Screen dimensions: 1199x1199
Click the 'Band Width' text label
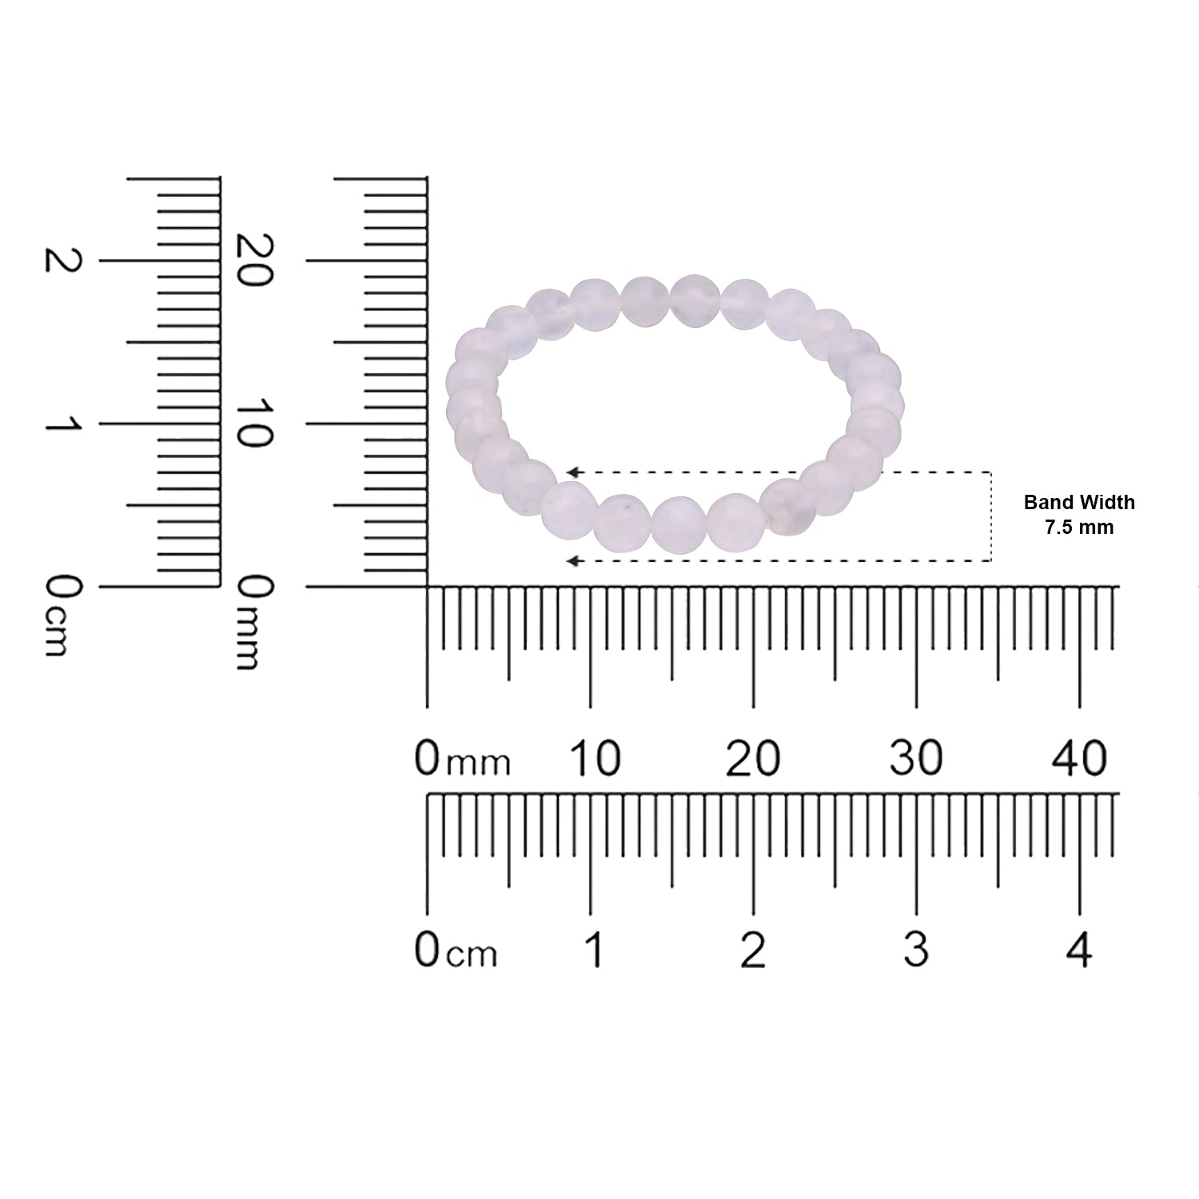(x=1079, y=503)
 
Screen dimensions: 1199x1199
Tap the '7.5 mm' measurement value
(x=1079, y=528)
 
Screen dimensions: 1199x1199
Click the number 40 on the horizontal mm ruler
(x=1080, y=758)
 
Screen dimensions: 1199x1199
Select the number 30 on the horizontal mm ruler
(x=916, y=758)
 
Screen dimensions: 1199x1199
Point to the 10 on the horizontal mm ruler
(x=594, y=758)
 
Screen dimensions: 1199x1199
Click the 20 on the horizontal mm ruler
(x=752, y=758)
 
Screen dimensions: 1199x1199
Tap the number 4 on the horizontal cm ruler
(x=1079, y=950)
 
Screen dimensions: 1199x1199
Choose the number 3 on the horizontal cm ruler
(x=916, y=950)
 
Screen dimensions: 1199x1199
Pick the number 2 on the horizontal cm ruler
(x=753, y=950)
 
